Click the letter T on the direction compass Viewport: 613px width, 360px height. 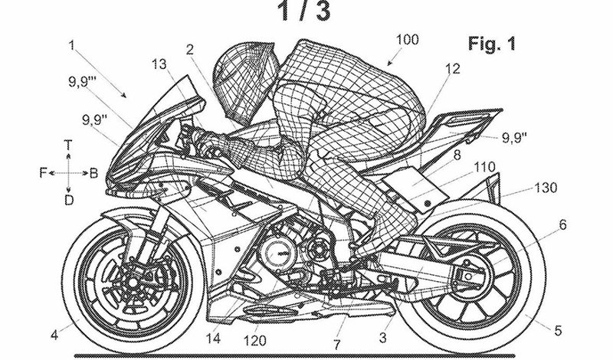point(68,144)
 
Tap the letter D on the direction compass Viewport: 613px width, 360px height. point(68,201)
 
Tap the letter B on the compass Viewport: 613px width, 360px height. point(93,173)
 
